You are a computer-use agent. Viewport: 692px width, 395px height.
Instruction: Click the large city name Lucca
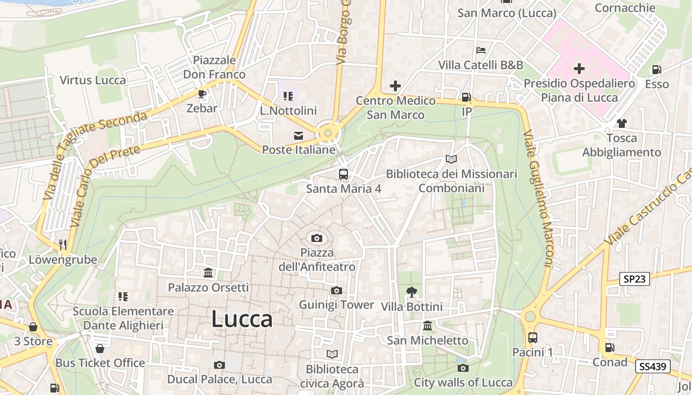[242, 319]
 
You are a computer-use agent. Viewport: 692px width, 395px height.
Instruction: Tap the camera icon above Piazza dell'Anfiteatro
[317, 238]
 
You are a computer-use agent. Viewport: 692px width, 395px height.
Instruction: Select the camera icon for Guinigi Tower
[337, 290]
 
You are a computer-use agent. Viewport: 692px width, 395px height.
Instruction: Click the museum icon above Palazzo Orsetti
[208, 273]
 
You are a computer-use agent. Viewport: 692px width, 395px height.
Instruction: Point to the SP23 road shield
[635, 279]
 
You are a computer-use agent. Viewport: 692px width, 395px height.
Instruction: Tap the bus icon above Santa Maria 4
[343, 174]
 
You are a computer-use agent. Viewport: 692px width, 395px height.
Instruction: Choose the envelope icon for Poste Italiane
[299, 136]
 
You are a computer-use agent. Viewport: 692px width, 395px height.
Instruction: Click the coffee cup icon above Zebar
[202, 94]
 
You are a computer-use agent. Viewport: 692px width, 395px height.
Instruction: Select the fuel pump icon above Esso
[656, 70]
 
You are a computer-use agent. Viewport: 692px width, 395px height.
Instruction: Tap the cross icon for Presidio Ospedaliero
[579, 69]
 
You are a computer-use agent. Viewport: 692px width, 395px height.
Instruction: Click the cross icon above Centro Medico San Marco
[395, 86]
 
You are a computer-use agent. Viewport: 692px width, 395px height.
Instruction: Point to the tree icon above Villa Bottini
[411, 292]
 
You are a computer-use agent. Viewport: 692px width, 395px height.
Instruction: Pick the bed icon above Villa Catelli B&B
[480, 50]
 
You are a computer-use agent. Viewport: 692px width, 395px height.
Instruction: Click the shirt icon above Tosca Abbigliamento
[621, 123]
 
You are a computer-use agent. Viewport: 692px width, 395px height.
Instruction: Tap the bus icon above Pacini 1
[532, 338]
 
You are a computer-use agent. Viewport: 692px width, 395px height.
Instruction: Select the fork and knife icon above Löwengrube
[62, 244]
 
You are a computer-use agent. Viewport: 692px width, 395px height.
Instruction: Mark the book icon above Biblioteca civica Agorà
[332, 354]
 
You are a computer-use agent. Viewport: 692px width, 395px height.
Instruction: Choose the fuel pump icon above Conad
[610, 348]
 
